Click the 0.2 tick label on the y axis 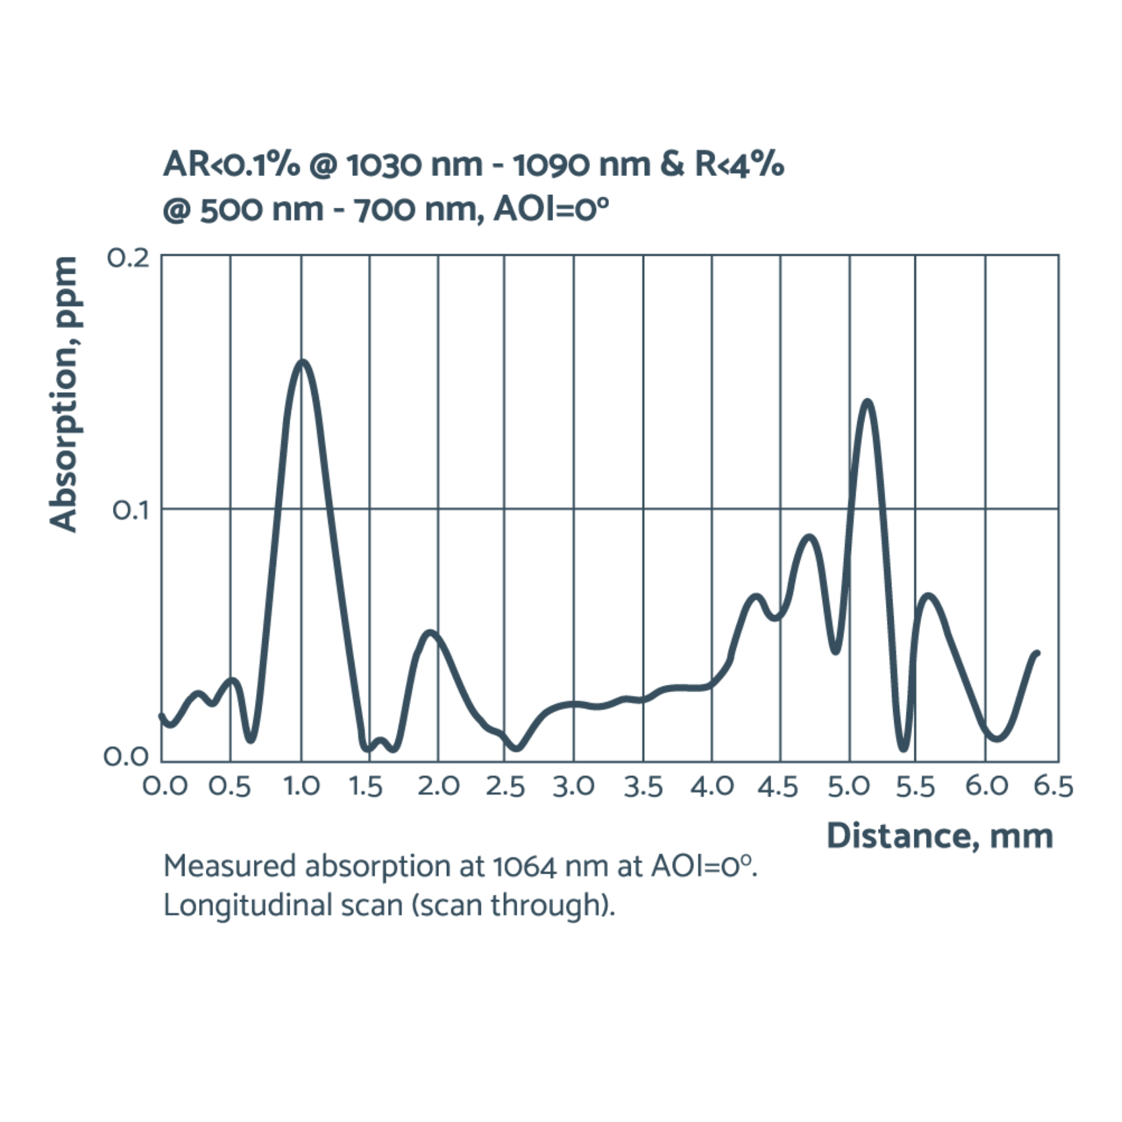click(127, 257)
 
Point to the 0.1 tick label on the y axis click(130, 511)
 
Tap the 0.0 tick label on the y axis click(126, 756)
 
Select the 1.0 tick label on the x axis click(302, 787)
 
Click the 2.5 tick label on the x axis click(505, 787)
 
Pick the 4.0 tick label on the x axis click(712, 787)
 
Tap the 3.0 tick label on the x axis click(574, 787)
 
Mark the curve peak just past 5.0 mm click(868, 401)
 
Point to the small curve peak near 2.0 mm click(430, 633)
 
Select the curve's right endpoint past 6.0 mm click(1038, 653)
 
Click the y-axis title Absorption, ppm click(64, 395)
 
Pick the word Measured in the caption click(228, 867)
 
